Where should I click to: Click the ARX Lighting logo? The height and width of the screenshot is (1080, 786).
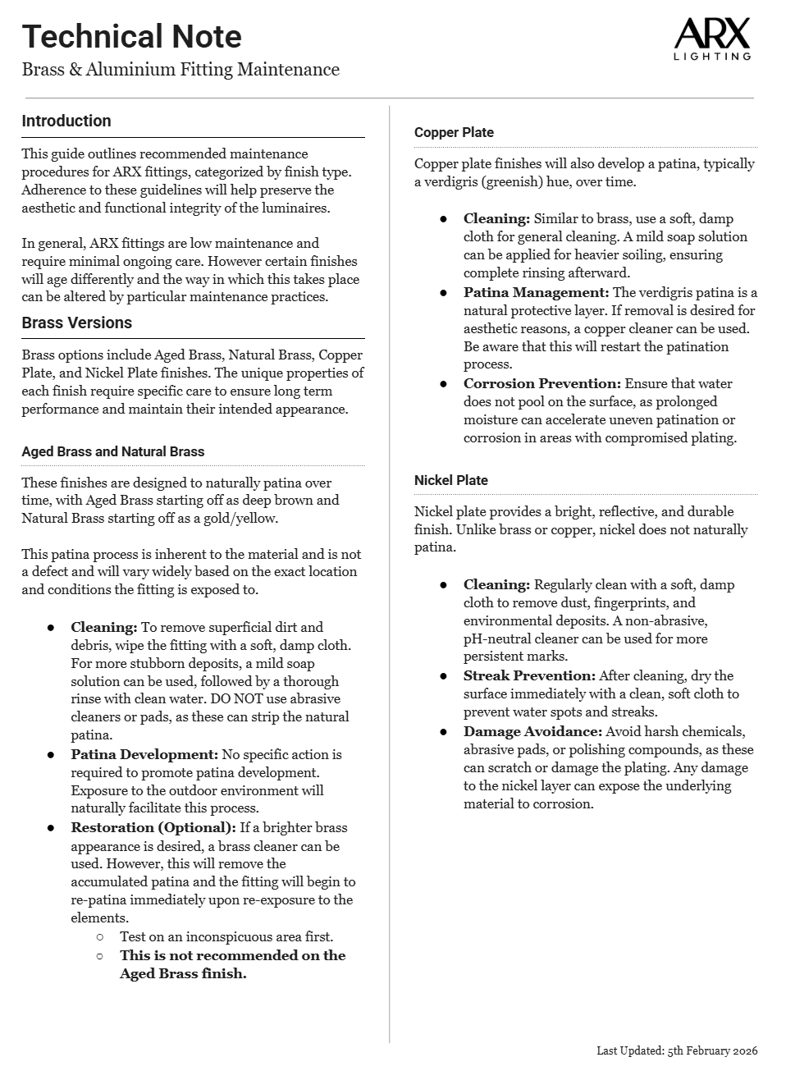(x=711, y=40)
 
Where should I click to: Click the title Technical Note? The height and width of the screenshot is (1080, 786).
(x=131, y=37)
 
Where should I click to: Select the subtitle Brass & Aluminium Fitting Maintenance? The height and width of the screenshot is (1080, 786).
(x=181, y=70)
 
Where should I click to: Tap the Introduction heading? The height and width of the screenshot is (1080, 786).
(x=66, y=121)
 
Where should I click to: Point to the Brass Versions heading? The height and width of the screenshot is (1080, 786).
(x=77, y=323)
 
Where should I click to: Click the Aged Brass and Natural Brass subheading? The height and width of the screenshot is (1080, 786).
(x=113, y=452)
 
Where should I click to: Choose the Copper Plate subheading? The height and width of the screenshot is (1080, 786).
(x=454, y=133)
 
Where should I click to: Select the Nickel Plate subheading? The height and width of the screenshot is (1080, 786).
(x=451, y=481)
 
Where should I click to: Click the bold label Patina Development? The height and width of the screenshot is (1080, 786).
(x=144, y=755)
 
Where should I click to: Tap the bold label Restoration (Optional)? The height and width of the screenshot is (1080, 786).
(x=153, y=828)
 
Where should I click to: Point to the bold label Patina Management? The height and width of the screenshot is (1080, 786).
(x=537, y=293)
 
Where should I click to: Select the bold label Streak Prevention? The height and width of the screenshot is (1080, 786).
(x=529, y=676)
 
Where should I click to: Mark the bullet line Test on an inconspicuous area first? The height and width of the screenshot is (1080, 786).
(x=226, y=937)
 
